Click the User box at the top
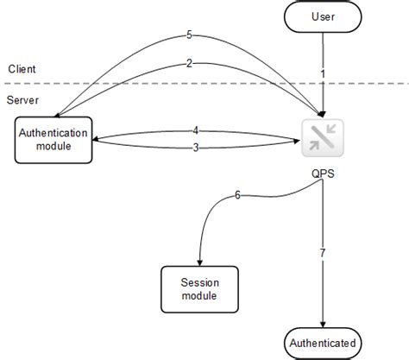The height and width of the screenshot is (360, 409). tap(323, 16)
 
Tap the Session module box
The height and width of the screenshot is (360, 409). tap(200, 288)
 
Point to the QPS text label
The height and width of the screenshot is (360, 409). tap(323, 173)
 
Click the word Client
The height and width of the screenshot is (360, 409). tap(21, 69)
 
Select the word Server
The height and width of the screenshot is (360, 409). tap(22, 101)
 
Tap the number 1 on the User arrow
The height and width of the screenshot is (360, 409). tap(322, 74)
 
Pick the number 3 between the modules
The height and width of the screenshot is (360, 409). tap(196, 148)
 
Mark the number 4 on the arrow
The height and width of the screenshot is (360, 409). tap(196, 130)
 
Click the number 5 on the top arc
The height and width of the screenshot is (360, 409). tap(190, 35)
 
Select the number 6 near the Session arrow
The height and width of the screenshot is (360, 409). tap(238, 195)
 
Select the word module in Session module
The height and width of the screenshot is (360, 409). tap(200, 296)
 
